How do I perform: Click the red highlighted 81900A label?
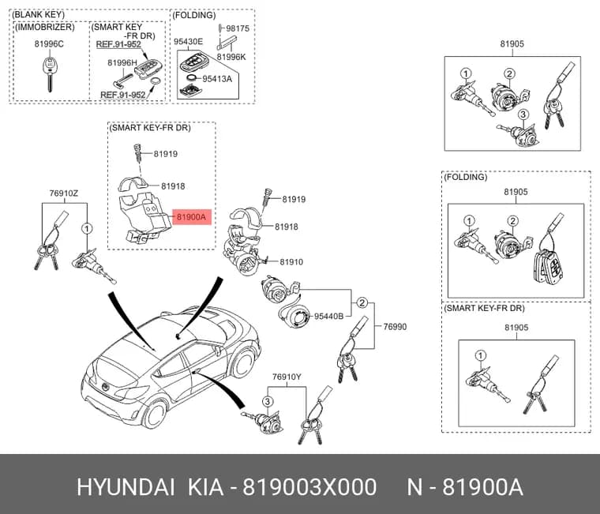tap(192, 217)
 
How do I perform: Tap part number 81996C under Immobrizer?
tap(49, 44)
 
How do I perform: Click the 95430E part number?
tap(188, 41)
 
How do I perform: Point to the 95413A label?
tap(217, 79)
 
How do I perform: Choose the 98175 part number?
tap(238, 28)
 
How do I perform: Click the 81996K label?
tap(231, 57)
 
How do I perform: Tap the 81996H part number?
tap(122, 62)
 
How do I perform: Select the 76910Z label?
tap(63, 193)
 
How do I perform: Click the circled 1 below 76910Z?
tap(88, 228)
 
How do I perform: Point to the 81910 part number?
tap(291, 262)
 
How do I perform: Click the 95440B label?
tap(328, 316)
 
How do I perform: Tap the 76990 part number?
tap(395, 326)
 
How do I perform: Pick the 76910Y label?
tap(287, 377)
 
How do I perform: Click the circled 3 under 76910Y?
tap(268, 401)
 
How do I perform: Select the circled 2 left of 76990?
tap(362, 303)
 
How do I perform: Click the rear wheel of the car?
tap(156, 414)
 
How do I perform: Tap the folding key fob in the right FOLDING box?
tap(548, 266)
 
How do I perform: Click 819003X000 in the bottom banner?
tap(310, 488)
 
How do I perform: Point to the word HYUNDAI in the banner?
tap(126, 488)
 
